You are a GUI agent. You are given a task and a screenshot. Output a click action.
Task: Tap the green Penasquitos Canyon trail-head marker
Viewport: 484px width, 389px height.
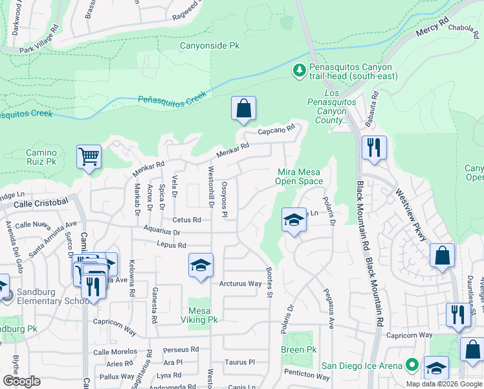[x=300, y=70]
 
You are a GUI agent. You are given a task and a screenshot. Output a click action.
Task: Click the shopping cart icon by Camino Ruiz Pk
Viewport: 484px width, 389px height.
[x=89, y=156]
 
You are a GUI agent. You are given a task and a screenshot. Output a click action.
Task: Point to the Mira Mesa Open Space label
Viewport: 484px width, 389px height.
[x=300, y=176]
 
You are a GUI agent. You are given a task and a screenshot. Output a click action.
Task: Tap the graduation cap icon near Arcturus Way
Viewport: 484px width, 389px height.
[x=201, y=265]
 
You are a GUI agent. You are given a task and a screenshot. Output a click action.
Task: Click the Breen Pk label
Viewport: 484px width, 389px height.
[x=298, y=350]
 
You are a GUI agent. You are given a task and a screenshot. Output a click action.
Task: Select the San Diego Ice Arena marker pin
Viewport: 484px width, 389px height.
[x=410, y=366]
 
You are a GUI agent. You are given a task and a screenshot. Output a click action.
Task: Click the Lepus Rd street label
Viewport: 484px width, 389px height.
[x=171, y=245]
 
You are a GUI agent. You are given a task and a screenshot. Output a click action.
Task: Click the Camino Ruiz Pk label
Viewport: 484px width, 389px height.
[x=41, y=158]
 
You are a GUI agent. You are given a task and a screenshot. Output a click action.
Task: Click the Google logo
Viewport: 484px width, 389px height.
[x=21, y=381]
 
